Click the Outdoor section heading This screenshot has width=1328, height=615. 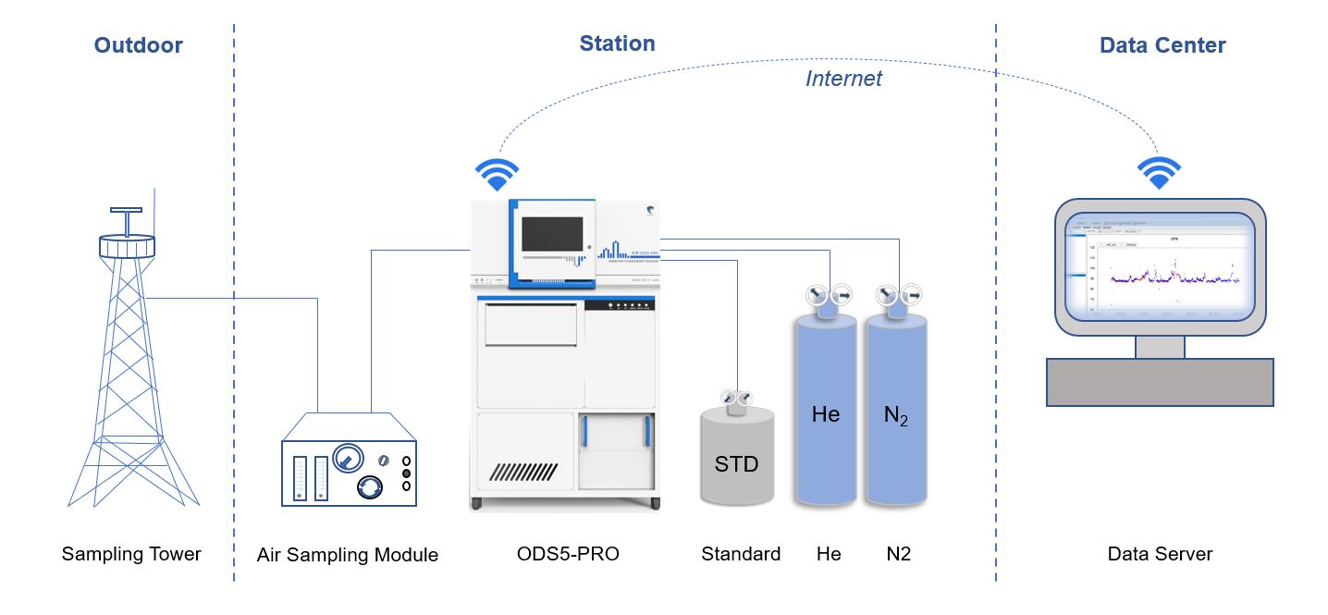point(139,45)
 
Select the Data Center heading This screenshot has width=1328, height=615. point(1162,45)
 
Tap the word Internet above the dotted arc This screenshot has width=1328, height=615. point(843,79)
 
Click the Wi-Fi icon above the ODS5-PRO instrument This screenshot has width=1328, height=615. point(497,173)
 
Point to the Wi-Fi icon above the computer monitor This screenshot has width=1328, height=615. point(1159,172)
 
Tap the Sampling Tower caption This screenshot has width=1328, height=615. point(131,554)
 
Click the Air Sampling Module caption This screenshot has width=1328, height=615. point(348,555)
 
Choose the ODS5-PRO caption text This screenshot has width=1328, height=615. point(568,554)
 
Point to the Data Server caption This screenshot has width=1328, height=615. point(1160,554)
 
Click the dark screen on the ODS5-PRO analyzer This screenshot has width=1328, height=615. point(552,235)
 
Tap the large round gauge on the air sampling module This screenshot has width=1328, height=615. point(347,456)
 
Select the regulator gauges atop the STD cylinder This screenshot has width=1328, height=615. point(736,398)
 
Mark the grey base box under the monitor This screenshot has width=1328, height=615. point(1160,381)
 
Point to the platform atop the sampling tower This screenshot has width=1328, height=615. point(127,246)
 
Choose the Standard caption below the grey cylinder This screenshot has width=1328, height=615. point(741,554)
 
